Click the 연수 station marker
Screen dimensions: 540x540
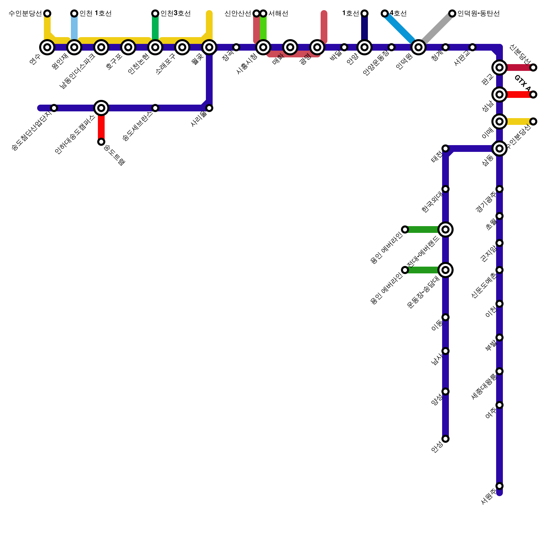point(47,47)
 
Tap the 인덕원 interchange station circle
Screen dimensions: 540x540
point(418,47)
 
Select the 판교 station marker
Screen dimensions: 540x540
point(500,67)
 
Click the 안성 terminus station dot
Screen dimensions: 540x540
point(446,439)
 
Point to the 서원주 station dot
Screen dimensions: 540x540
point(500,486)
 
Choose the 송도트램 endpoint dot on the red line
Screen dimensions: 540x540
point(101,142)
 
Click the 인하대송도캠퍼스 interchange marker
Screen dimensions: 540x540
point(101,108)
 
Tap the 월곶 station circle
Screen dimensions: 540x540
point(209,47)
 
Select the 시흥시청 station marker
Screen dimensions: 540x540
point(263,47)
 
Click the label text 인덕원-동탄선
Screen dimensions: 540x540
point(479,13)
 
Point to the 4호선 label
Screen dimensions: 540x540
point(398,13)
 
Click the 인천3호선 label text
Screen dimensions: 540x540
point(175,13)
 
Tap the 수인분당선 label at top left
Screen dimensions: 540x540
point(25,13)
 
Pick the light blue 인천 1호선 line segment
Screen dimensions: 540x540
point(74,29)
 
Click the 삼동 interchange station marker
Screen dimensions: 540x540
point(500,148)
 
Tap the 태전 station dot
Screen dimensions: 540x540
point(446,148)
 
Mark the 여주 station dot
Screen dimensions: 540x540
point(500,405)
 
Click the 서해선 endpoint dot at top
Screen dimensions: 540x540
point(263,13)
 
